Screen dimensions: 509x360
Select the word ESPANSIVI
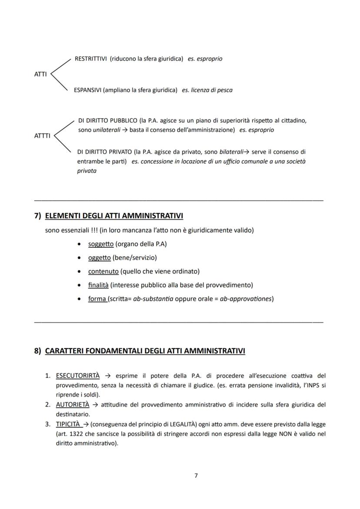tap(87, 90)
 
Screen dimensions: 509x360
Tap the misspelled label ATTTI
tap(42, 136)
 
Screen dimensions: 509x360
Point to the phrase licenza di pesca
tap(213, 90)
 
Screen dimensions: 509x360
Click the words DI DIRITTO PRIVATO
tap(104, 152)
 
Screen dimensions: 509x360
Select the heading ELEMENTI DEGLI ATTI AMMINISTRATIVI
tap(114, 216)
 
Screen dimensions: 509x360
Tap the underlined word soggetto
tap(101, 244)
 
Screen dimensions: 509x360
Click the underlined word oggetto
tap(100, 258)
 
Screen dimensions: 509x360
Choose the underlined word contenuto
tap(103, 271)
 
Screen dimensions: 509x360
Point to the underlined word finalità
tap(98, 285)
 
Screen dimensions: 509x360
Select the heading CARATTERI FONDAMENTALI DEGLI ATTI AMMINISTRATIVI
tap(145, 351)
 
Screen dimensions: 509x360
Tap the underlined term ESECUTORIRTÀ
tap(78, 376)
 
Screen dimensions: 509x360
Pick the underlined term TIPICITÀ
tap(69, 424)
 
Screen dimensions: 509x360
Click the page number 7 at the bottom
tap(196, 476)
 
